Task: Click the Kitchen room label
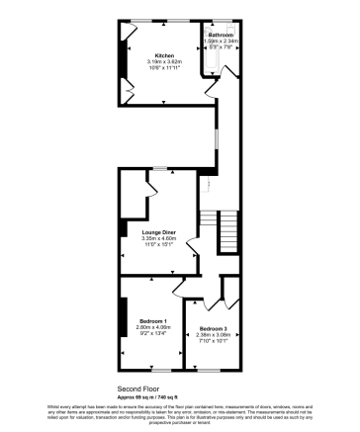163,54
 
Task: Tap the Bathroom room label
220,36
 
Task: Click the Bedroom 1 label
151,321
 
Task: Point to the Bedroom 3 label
213,328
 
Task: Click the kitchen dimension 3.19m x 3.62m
163,61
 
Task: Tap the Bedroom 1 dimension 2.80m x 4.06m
151,328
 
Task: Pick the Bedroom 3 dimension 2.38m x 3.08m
213,334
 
